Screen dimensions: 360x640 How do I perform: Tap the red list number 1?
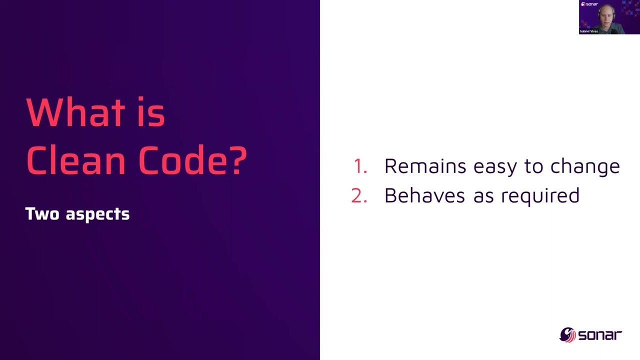(x=359, y=166)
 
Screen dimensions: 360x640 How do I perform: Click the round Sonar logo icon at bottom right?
(x=567, y=334)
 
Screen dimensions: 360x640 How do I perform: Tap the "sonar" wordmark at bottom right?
(x=600, y=335)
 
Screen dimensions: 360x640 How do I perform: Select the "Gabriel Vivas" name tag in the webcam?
(x=588, y=31)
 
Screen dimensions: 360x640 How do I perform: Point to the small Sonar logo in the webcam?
(x=589, y=4)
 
